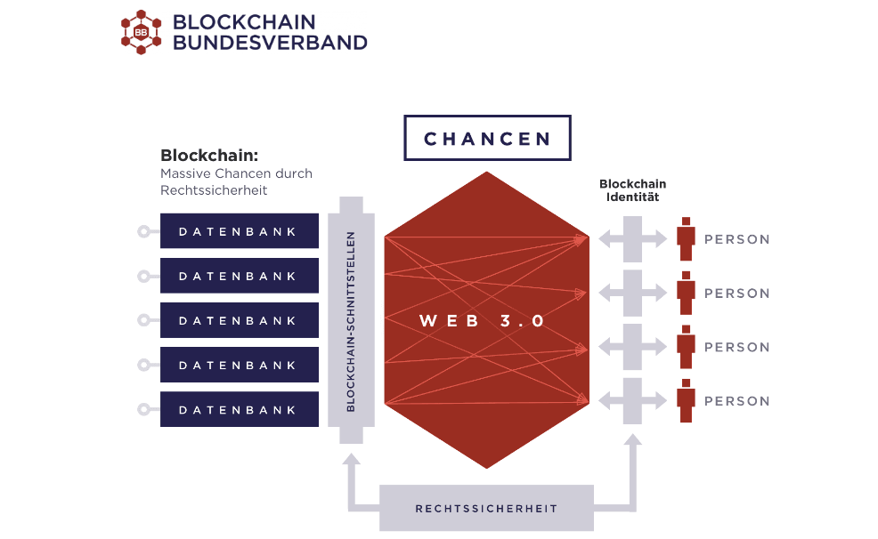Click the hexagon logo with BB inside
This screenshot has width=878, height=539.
pyautogui.click(x=141, y=32)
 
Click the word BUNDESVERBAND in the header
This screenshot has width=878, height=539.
pyautogui.click(x=270, y=42)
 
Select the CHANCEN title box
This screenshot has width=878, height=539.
pyautogui.click(x=487, y=139)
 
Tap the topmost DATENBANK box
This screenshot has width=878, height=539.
pyautogui.click(x=239, y=231)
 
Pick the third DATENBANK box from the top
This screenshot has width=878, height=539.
pyautogui.click(x=239, y=320)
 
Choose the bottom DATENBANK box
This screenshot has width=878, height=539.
pyautogui.click(x=239, y=409)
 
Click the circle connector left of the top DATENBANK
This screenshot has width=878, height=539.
pyautogui.click(x=142, y=231)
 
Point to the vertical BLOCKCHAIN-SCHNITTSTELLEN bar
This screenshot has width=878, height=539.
pyautogui.click(x=351, y=320)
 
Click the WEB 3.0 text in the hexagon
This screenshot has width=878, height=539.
pyautogui.click(x=482, y=321)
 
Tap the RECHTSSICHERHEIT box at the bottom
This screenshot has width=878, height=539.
pyautogui.click(x=486, y=509)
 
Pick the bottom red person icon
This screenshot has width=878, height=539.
pyautogui.click(x=685, y=400)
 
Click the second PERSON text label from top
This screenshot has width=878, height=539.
pyautogui.click(x=737, y=294)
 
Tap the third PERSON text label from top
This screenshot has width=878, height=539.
pyautogui.click(x=737, y=348)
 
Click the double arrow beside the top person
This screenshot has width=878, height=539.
pyautogui.click(x=632, y=238)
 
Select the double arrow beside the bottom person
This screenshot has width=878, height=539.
pyautogui.click(x=632, y=400)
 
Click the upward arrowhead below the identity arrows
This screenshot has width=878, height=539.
pyautogui.click(x=632, y=442)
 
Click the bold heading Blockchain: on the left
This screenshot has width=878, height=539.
pyautogui.click(x=209, y=156)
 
